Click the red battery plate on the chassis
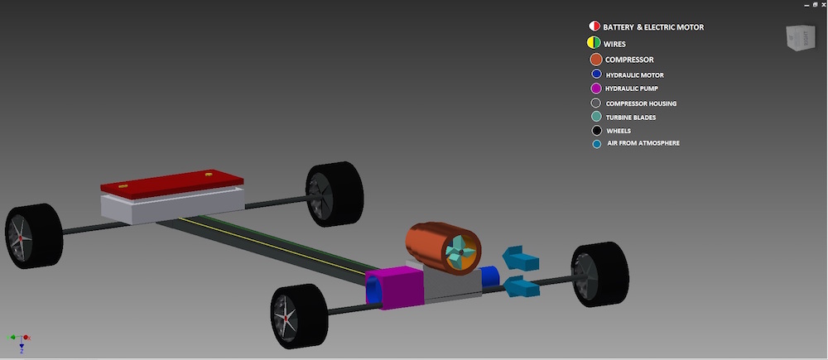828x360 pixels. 171,184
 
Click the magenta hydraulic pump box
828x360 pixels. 395,287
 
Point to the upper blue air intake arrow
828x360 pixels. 521,259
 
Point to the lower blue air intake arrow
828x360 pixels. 522,287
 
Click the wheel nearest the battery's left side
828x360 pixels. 34,236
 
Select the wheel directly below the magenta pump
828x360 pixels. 299,316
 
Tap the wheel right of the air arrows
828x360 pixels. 599,274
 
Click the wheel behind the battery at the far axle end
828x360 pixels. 335,194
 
